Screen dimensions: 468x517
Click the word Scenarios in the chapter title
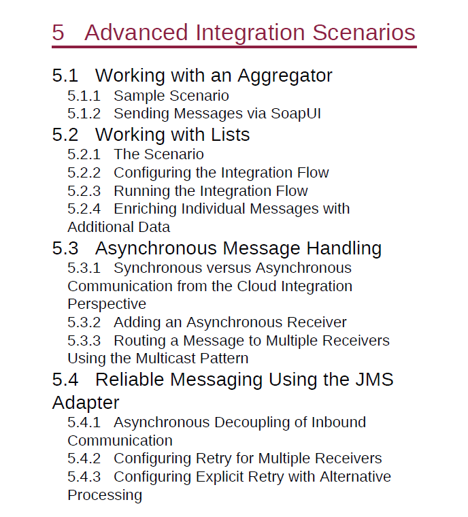(364, 33)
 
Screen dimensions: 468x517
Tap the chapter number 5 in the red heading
(58, 33)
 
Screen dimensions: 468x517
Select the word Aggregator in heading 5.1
(285, 76)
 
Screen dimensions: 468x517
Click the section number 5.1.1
(84, 96)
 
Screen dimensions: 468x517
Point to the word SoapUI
(295, 114)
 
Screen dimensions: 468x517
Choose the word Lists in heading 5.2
(230, 135)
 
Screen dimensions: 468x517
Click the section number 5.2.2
(84, 173)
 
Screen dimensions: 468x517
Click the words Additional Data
(119, 227)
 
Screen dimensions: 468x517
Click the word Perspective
(107, 304)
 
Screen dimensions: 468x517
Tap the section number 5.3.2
(84, 322)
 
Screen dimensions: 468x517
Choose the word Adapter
(86, 403)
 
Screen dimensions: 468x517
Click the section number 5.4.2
(84, 458)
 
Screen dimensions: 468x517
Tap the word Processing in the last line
(105, 495)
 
